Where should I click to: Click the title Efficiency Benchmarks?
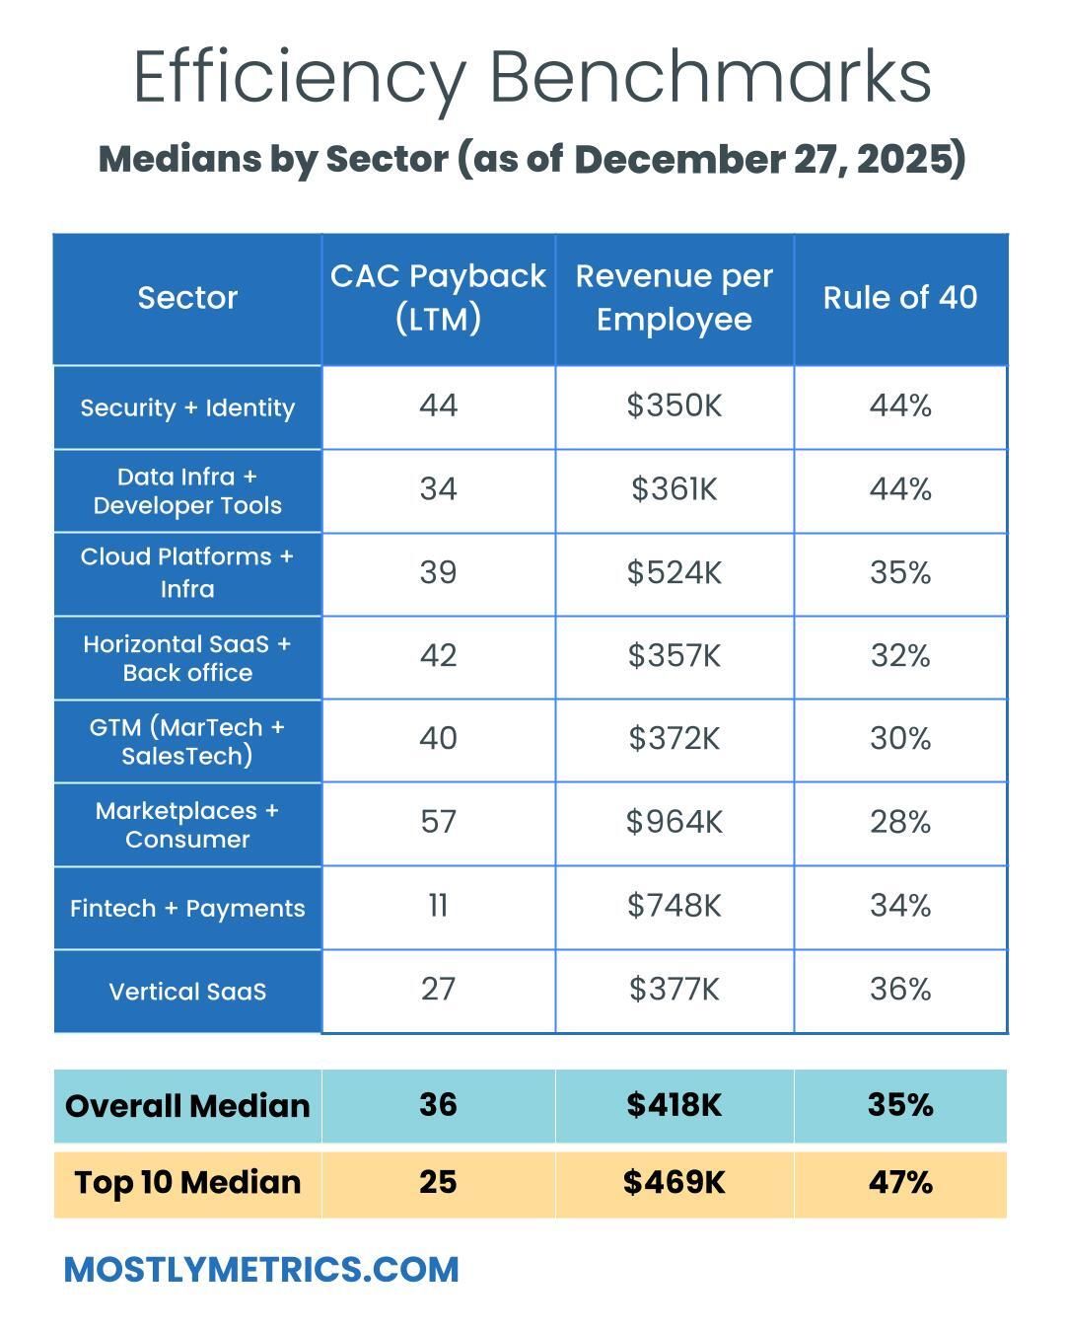pos(532,77)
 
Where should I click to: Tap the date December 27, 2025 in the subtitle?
pos(769,159)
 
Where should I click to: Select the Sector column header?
pos(187,298)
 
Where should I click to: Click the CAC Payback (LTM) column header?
pos(438,297)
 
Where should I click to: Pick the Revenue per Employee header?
pos(674,297)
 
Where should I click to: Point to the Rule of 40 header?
pos(900,298)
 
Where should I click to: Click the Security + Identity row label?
pos(187,407)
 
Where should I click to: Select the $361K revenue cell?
pos(674,489)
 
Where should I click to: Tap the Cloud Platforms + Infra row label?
pos(187,572)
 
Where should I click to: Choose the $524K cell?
pos(674,572)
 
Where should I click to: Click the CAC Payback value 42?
pos(438,656)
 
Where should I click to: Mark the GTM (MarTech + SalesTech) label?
pos(187,741)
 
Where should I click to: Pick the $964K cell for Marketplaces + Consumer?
pos(674,822)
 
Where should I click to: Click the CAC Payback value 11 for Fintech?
pos(438,906)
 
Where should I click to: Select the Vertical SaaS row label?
pos(187,992)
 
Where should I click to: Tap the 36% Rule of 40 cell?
pos(900,989)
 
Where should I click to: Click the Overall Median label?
pos(187,1106)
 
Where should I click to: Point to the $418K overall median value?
pos(674,1105)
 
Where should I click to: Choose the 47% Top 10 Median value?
pos(900,1182)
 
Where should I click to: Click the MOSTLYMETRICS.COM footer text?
pos(261,1270)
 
